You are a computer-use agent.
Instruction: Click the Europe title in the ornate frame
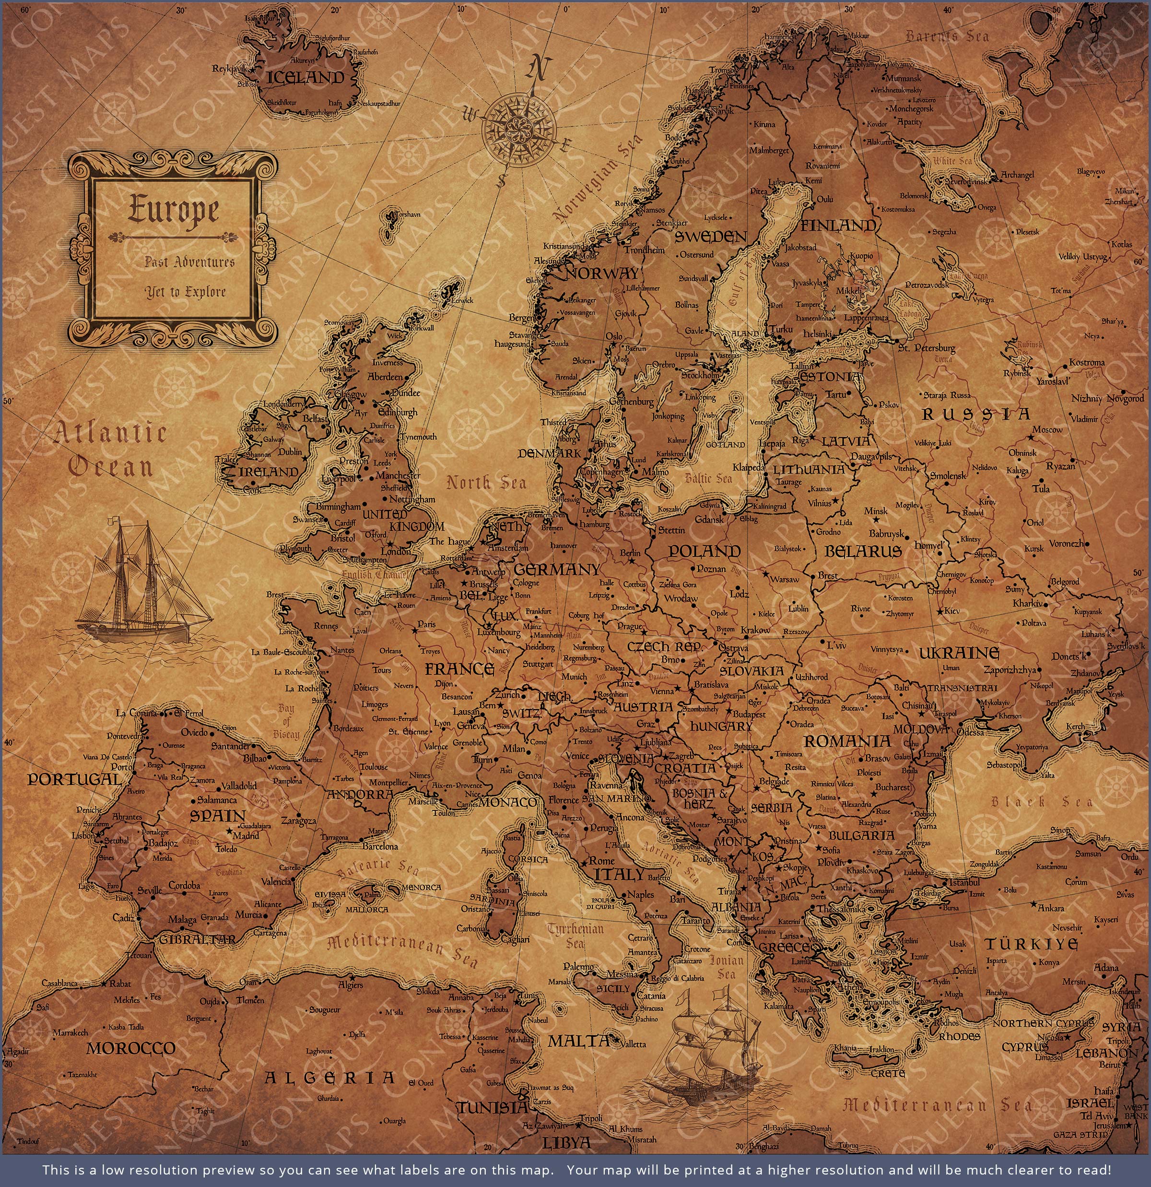(x=173, y=211)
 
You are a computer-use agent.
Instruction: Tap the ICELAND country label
(x=305, y=78)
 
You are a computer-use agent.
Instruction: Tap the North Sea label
(x=486, y=483)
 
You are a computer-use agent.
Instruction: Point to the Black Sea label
(x=1041, y=802)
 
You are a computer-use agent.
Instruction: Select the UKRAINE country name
(x=959, y=653)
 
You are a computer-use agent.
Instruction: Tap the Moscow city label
(x=1047, y=429)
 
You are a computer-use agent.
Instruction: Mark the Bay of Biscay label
(x=286, y=721)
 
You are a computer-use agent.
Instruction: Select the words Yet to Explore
(x=185, y=292)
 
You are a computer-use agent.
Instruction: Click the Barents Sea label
(x=947, y=36)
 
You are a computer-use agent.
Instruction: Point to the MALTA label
(x=578, y=1041)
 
